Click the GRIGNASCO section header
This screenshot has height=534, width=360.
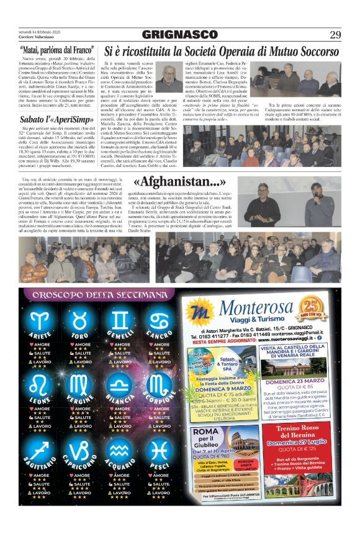179,34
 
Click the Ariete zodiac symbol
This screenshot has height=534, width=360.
42,320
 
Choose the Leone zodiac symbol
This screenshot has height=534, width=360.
42,380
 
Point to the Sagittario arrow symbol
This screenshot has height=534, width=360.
42,448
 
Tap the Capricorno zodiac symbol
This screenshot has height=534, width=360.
81,448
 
